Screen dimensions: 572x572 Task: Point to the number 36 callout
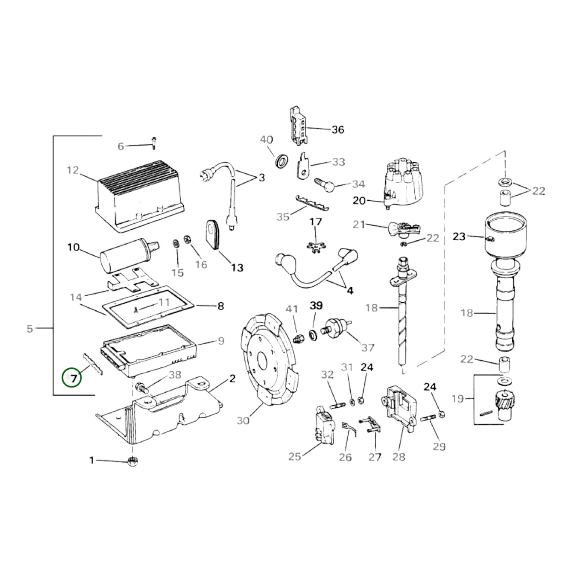(337, 129)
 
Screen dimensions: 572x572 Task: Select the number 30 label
(243, 420)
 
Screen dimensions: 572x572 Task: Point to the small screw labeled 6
(154, 142)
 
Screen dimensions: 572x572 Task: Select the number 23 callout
(459, 237)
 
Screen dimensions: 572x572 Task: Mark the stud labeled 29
(429, 417)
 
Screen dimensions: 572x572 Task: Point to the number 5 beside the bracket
(30, 329)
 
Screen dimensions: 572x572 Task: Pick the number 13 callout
(237, 268)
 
